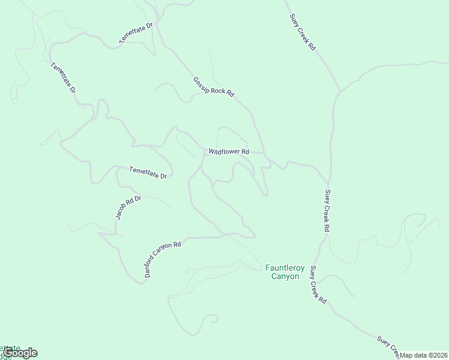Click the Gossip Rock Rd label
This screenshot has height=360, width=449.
click(213, 87)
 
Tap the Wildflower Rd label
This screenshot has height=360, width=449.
click(229, 152)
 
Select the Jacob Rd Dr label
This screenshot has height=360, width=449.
click(128, 208)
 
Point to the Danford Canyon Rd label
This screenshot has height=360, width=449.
click(163, 259)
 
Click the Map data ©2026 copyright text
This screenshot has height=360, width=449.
click(424, 355)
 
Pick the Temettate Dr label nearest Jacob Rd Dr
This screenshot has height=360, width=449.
click(151, 173)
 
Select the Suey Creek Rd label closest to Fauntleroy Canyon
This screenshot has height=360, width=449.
click(318, 287)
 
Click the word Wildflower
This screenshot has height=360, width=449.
click(224, 152)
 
